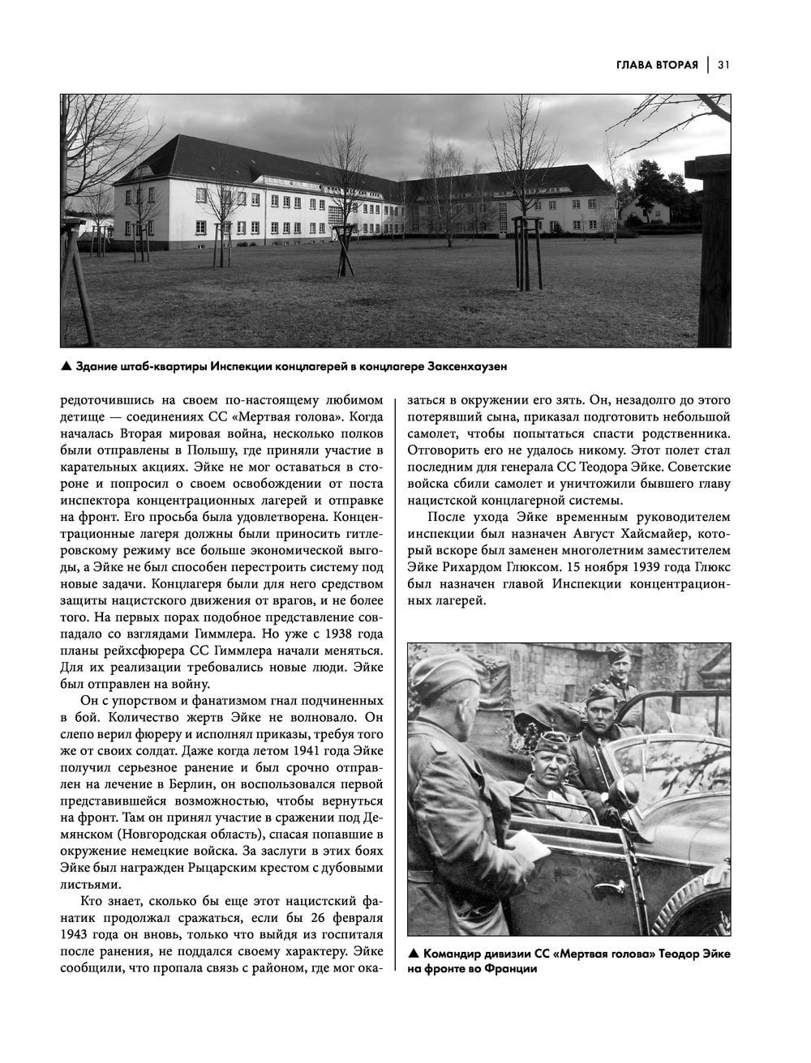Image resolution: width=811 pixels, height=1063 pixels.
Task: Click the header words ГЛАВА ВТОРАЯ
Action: point(657,65)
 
